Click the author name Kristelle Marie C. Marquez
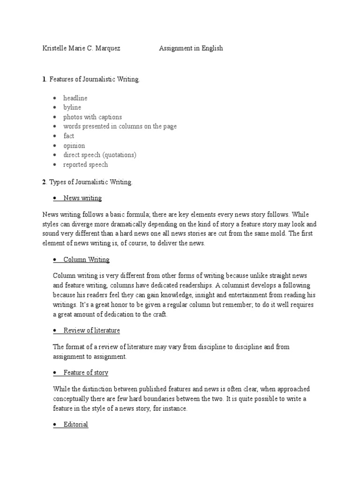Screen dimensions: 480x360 pyautogui.click(x=81, y=48)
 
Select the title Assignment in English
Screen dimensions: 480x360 pyautogui.click(x=191, y=48)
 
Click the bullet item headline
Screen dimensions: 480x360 pyautogui.click(x=75, y=98)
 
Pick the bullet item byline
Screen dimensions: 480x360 pyautogui.click(x=72, y=107)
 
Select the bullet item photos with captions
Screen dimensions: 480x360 pyautogui.click(x=92, y=117)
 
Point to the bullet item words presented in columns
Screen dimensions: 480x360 pyautogui.click(x=120, y=127)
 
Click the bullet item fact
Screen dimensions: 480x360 pyautogui.click(x=69, y=136)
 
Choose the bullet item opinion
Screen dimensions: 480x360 pyautogui.click(x=74, y=146)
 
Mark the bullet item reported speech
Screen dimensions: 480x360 pyautogui.click(x=86, y=165)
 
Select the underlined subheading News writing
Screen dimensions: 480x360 pyautogui.click(x=82, y=198)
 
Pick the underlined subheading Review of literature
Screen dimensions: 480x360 pyautogui.click(x=91, y=330)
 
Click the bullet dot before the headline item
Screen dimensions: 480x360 pyautogui.click(x=55, y=98)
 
